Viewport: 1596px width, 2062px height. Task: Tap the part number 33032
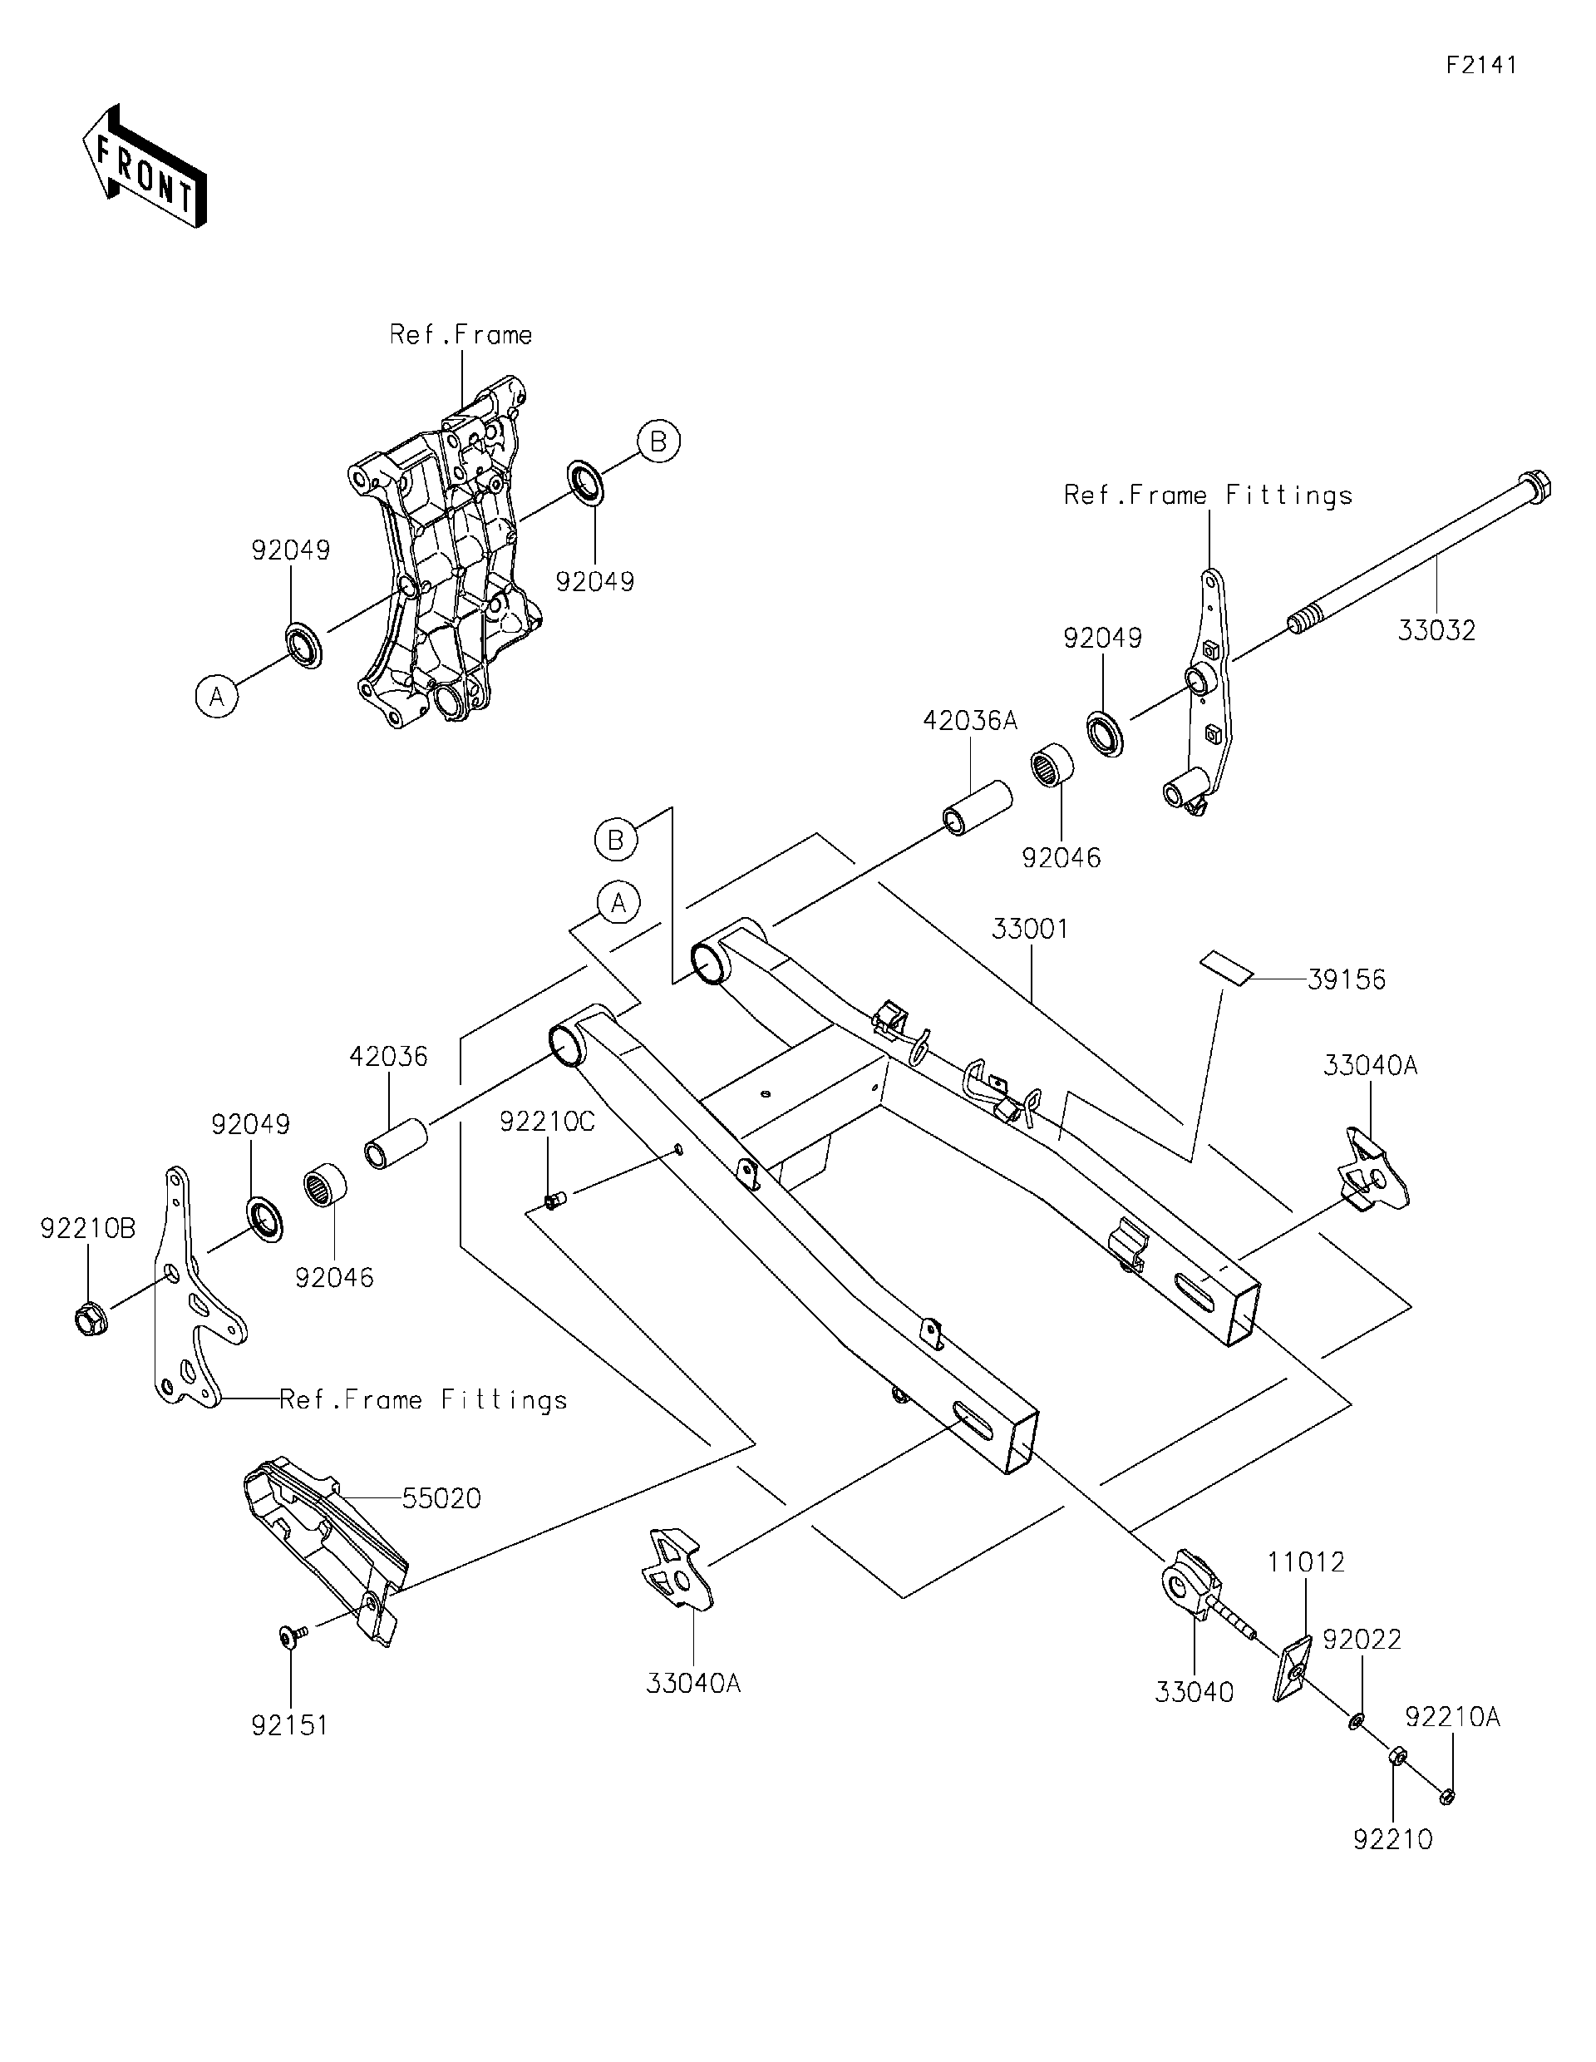(x=1436, y=631)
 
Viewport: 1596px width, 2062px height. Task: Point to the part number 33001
(x=1030, y=929)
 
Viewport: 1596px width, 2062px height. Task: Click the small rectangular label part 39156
(x=1226, y=968)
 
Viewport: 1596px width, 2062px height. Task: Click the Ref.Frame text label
(x=461, y=335)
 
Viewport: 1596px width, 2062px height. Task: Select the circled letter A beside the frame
(x=217, y=697)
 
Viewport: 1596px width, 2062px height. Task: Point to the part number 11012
(x=1305, y=1562)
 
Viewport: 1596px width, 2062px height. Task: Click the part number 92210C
(x=548, y=1122)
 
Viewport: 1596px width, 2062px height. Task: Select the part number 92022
(x=1361, y=1639)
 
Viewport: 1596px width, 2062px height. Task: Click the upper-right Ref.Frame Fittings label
(x=1207, y=496)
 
